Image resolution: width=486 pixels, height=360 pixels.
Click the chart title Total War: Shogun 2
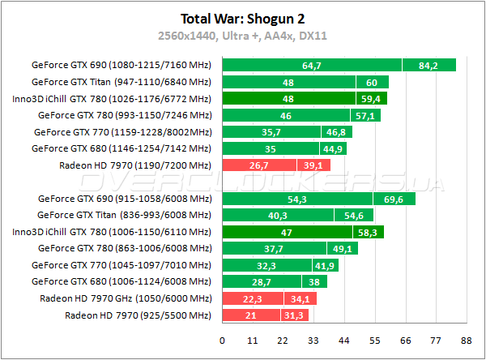(x=241, y=18)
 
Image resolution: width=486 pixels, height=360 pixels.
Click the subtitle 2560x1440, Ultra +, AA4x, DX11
(x=241, y=36)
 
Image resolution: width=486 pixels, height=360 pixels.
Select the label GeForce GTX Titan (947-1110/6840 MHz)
(x=121, y=82)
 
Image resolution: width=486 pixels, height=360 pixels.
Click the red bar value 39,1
(x=313, y=165)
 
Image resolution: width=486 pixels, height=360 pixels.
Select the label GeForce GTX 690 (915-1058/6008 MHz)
(x=124, y=199)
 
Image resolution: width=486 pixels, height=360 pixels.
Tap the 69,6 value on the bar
(x=394, y=199)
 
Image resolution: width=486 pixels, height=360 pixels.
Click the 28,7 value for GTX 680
(x=261, y=281)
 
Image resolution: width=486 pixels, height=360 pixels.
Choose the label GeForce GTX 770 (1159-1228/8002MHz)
(x=122, y=132)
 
